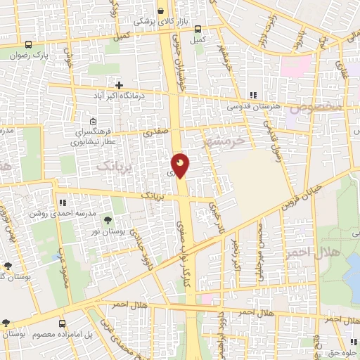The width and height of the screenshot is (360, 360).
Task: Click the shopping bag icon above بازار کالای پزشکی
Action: (162, 11)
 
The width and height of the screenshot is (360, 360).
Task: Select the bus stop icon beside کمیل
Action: (198, 30)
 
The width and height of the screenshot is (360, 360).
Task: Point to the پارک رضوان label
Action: (51, 53)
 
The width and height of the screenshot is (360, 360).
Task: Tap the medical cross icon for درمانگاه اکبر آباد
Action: (120, 85)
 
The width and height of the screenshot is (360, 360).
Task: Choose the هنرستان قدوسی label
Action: (253, 107)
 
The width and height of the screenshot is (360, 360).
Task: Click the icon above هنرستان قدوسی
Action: (253, 96)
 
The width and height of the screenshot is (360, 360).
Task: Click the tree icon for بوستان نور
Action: (108, 220)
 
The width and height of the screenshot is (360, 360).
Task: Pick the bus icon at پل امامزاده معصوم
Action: (63, 324)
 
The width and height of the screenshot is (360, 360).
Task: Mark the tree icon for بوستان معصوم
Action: (7, 323)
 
